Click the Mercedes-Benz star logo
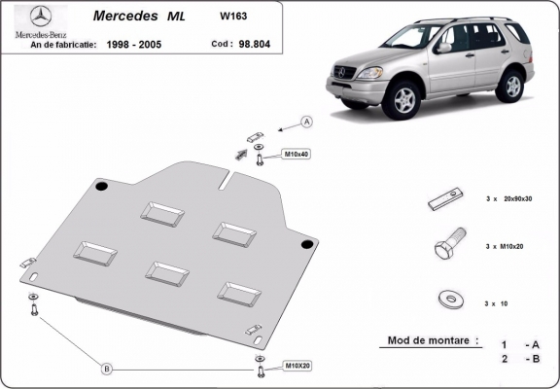[x=41, y=17]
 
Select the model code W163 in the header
[x=233, y=16]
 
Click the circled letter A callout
[x=306, y=122]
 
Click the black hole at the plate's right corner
[x=307, y=243]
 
